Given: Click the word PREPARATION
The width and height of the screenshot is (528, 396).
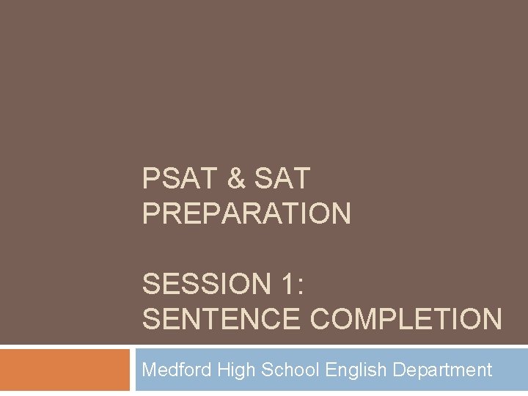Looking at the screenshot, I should (247, 214).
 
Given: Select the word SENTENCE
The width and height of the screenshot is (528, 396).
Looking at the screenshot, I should (221, 319).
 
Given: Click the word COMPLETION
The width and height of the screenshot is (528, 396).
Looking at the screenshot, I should (406, 319).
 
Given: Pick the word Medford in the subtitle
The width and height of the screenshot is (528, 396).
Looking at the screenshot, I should (177, 370).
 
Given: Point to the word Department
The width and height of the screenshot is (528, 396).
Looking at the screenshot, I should (442, 370).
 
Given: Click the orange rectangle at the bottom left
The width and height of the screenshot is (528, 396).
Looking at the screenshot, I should (65, 370).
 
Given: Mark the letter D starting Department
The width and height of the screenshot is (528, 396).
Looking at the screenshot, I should (399, 370).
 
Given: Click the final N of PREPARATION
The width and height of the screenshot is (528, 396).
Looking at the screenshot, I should (341, 214).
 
